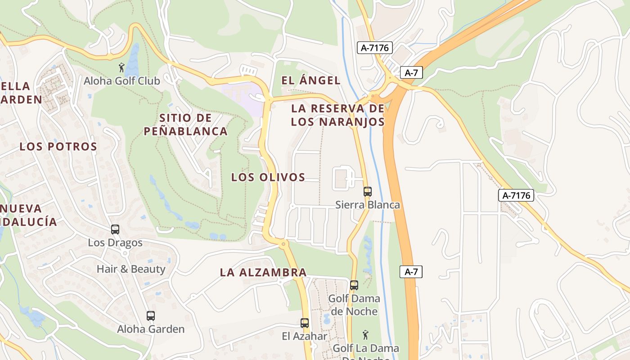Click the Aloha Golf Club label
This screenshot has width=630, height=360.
[121, 81]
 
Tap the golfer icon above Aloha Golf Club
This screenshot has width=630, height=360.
[121, 68]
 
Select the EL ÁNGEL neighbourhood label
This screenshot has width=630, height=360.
[311, 81]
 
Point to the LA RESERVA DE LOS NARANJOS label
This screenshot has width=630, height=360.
[337, 115]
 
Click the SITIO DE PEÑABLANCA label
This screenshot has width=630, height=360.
[185, 125]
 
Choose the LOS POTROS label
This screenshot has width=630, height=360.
[58, 147]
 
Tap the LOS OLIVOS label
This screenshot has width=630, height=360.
[268, 177]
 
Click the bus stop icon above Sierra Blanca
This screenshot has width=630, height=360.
[367, 192]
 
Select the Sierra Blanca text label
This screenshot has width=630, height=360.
[367, 205]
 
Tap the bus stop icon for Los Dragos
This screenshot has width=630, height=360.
[115, 229]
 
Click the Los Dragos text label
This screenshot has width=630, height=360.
[115, 243]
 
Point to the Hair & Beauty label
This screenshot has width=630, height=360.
[131, 269]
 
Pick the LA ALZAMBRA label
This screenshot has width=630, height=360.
[263, 272]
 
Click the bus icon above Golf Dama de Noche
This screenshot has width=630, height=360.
[354, 285]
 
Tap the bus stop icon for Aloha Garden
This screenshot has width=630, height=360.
[151, 316]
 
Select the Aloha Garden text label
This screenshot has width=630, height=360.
[151, 329]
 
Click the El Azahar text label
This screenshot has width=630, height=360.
[305, 336]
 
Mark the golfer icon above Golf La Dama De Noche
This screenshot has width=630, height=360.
[365, 335]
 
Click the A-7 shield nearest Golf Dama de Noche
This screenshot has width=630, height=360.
[411, 271]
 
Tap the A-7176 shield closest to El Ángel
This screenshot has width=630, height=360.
[375, 48]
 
